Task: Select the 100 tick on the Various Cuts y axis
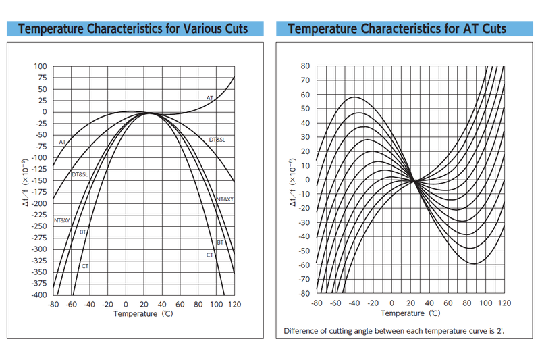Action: (x=41, y=66)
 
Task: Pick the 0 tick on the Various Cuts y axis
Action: (x=45, y=112)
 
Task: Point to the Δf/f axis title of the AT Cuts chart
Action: (x=292, y=180)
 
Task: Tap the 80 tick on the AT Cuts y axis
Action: (x=305, y=66)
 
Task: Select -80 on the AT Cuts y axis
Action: (x=304, y=293)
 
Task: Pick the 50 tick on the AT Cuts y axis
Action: (x=305, y=109)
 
